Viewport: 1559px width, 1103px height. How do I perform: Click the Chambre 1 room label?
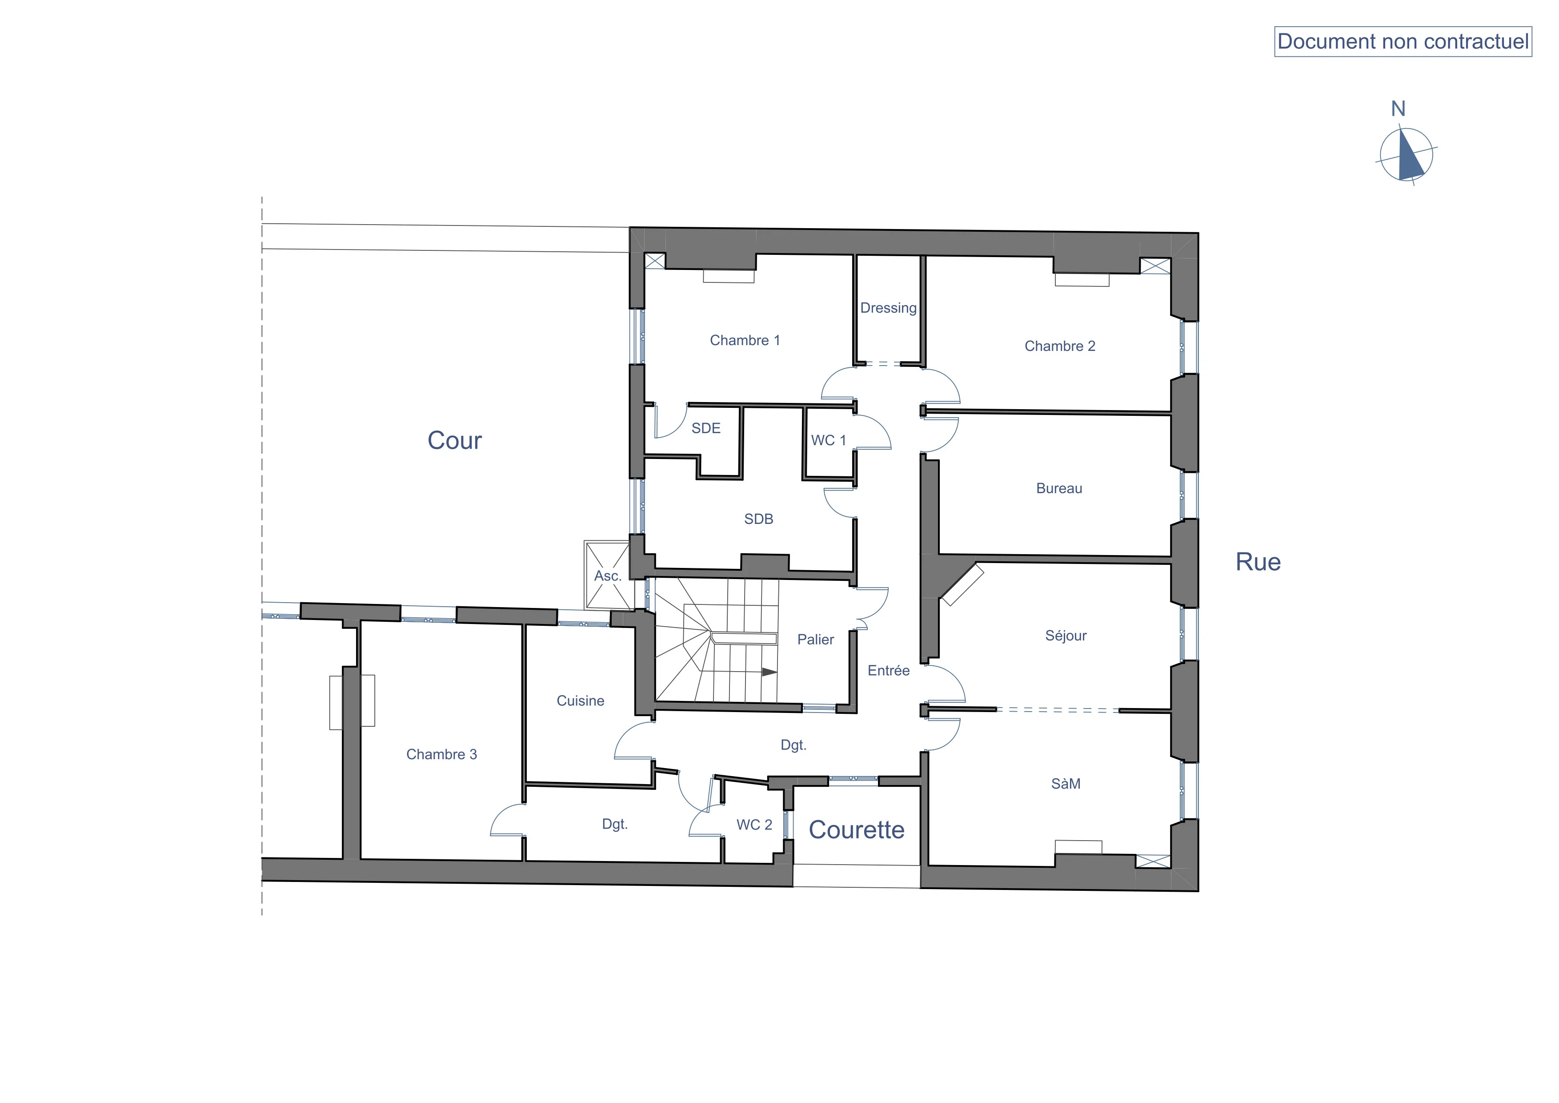(x=745, y=340)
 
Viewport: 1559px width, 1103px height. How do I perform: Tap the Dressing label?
(x=888, y=308)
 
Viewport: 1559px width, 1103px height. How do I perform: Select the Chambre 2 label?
(x=1060, y=346)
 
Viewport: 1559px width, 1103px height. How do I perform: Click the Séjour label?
(x=1066, y=636)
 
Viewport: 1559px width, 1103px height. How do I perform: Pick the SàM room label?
(x=1066, y=784)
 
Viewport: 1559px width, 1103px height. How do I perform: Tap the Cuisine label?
(x=581, y=701)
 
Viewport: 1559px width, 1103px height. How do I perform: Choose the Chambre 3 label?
(x=441, y=755)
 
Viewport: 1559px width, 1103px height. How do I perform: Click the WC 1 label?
(x=828, y=440)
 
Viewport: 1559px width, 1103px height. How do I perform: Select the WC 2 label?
(x=754, y=825)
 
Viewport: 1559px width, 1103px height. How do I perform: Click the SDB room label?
(x=758, y=519)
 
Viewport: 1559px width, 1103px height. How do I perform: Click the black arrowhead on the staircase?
(x=769, y=672)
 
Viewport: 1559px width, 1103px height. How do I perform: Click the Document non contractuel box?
(x=1403, y=42)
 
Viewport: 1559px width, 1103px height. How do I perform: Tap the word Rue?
(x=1258, y=562)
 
